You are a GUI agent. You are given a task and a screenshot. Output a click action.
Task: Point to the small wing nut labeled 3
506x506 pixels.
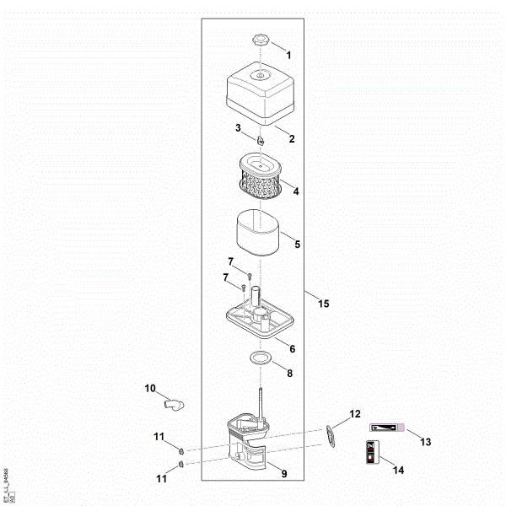click(261, 135)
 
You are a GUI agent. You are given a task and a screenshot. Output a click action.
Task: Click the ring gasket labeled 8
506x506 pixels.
click(261, 359)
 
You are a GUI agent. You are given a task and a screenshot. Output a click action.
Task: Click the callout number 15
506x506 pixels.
click(324, 304)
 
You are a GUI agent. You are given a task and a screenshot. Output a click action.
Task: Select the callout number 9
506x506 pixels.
click(283, 474)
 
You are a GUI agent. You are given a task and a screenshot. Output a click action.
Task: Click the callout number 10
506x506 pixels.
click(150, 389)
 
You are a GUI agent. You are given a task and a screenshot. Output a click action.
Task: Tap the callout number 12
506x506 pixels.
click(355, 413)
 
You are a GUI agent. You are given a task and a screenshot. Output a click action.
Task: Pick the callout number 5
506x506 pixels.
click(296, 244)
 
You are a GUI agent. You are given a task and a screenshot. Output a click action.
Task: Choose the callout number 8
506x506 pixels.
click(289, 373)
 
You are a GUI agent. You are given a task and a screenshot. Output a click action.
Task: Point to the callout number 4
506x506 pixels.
click(296, 191)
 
